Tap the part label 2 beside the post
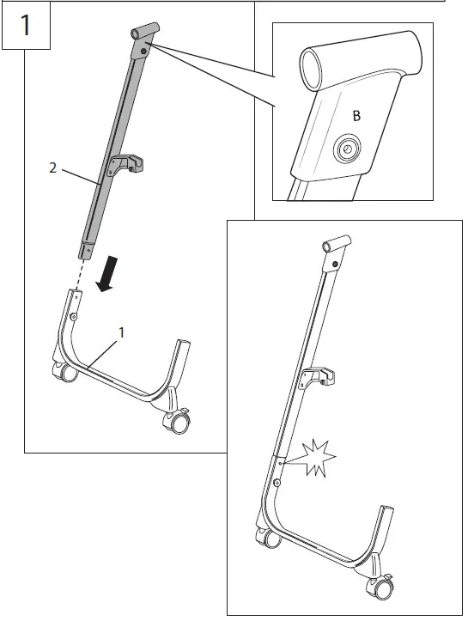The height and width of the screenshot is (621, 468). pos(53,169)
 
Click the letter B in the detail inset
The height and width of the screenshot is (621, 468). pos(356,116)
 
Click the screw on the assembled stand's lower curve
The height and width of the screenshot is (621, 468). pos(277,485)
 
